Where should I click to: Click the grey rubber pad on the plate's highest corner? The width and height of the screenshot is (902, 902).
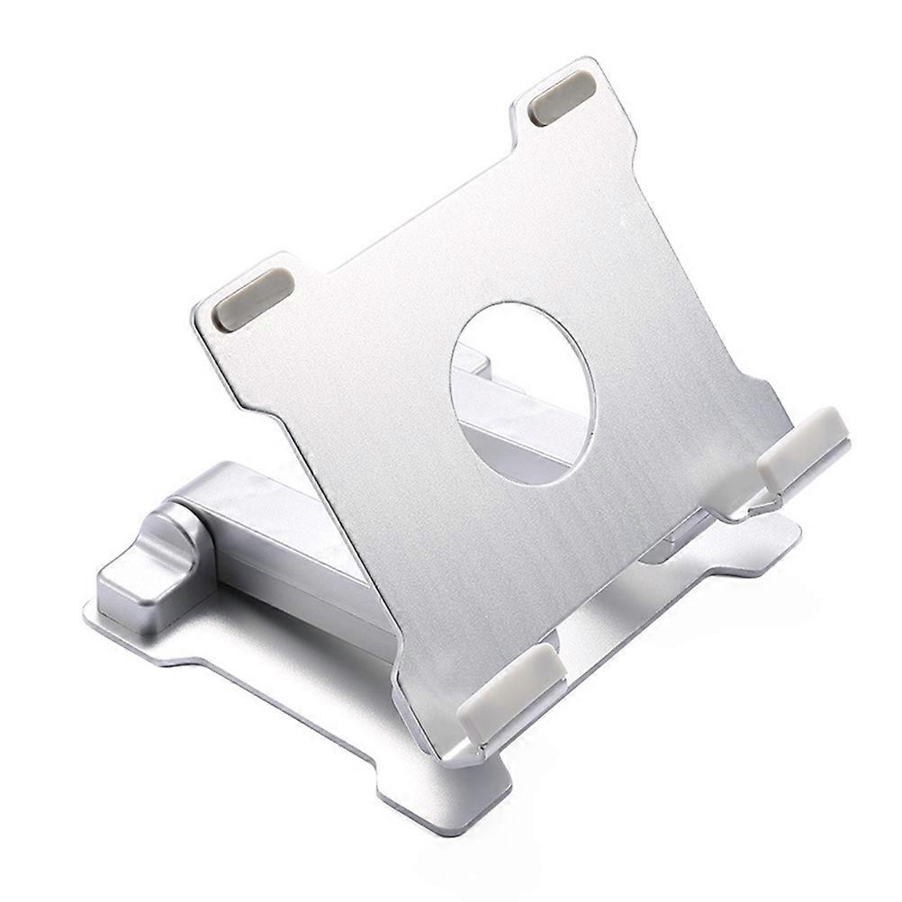562,98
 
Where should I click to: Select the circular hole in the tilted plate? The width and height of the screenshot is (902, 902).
523,393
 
